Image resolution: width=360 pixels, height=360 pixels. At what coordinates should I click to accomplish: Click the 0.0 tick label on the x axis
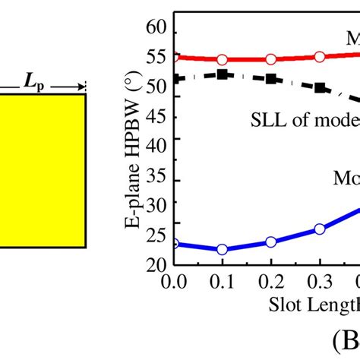click(175, 281)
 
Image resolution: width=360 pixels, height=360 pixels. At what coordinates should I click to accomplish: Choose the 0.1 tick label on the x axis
click(223, 281)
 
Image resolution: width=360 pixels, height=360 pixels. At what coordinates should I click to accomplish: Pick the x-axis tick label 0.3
click(320, 281)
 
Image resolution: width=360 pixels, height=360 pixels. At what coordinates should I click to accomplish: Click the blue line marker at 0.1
click(223, 249)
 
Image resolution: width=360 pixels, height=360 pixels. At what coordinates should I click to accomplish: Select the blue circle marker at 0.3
click(320, 229)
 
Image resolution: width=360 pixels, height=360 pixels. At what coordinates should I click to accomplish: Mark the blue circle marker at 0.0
click(174, 244)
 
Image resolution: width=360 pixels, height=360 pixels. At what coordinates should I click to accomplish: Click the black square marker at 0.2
click(271, 78)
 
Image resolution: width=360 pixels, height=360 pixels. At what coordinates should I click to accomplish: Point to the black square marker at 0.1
click(223, 74)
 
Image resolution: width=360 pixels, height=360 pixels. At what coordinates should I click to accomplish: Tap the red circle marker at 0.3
click(320, 56)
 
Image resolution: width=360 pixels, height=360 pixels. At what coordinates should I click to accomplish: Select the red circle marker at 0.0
click(174, 56)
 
